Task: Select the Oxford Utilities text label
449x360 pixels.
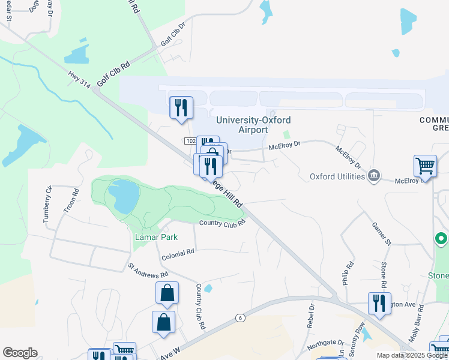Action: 337,176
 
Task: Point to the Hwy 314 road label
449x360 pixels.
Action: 79,80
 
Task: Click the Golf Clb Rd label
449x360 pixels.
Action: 113,74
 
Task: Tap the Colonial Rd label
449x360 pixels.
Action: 178,255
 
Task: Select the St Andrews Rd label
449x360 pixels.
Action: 148,270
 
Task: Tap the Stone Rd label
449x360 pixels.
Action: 384,274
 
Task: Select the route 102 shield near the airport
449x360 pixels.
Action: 190,140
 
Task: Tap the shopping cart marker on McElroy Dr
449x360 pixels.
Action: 425,165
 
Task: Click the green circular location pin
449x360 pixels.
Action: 441,240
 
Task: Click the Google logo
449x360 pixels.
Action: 20,353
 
